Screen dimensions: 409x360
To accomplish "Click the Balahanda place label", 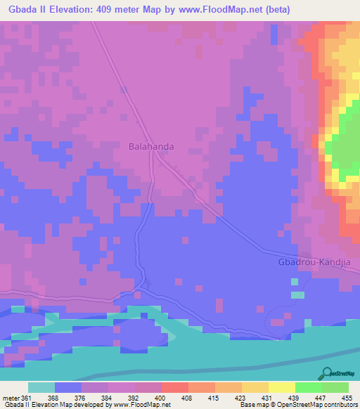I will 151,148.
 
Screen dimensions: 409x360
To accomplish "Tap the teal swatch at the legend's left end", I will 41,387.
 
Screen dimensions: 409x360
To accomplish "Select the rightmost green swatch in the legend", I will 335,387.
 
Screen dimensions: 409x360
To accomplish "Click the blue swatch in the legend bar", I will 68,387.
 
